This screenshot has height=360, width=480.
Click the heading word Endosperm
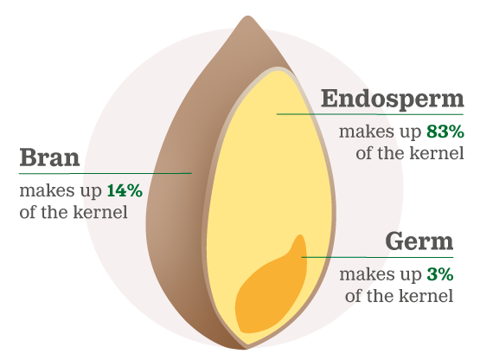(x=393, y=99)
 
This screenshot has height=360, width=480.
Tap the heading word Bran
(x=49, y=157)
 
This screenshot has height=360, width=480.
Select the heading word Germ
(x=419, y=241)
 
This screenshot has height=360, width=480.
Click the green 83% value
(x=445, y=132)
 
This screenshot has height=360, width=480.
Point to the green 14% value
(x=125, y=190)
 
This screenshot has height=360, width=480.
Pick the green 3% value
(x=440, y=274)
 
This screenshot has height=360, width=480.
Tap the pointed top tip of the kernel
(x=248, y=16)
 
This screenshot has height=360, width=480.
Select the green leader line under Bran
(x=106, y=173)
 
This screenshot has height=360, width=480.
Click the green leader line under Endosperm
(x=370, y=114)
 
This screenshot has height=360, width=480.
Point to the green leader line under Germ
(x=377, y=257)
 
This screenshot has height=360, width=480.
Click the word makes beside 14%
(x=47, y=190)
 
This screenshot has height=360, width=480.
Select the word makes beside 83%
(x=367, y=132)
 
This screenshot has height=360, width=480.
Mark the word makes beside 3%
(x=367, y=274)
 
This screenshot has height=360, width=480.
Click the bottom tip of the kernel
(x=245, y=349)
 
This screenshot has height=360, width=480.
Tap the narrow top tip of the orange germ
(x=301, y=235)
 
